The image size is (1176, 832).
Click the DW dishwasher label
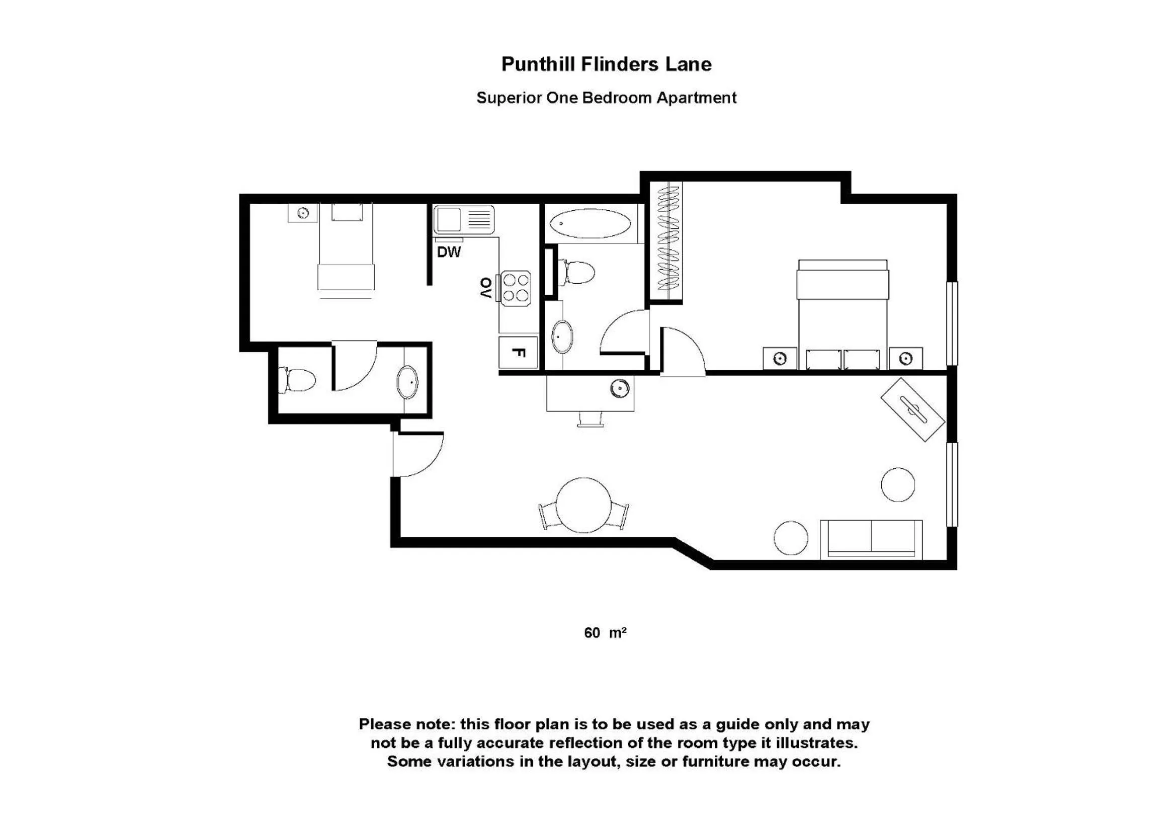pos(449,252)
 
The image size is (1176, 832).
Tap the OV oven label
pos(485,288)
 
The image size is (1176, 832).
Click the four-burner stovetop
pos(515,288)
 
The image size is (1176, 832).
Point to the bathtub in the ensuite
pos(590,224)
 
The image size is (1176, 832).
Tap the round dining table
pos(583,505)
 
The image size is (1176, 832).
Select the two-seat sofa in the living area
pos(871,539)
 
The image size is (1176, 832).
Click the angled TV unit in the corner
pos(912,409)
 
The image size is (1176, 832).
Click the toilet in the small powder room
pos(297,380)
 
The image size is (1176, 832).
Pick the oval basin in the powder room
pos(408,382)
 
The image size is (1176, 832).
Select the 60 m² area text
pos(605,633)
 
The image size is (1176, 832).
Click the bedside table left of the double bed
pos(780,359)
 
